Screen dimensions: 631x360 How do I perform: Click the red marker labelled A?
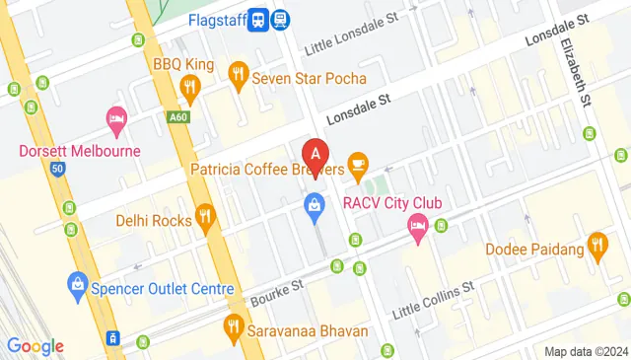[315, 154]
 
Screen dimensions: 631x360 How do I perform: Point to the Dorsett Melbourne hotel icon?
[116, 122]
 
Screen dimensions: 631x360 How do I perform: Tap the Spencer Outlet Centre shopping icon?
[77, 287]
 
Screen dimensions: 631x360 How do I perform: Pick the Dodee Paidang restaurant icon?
[596, 243]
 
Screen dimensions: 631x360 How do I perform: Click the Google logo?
[35, 345]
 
